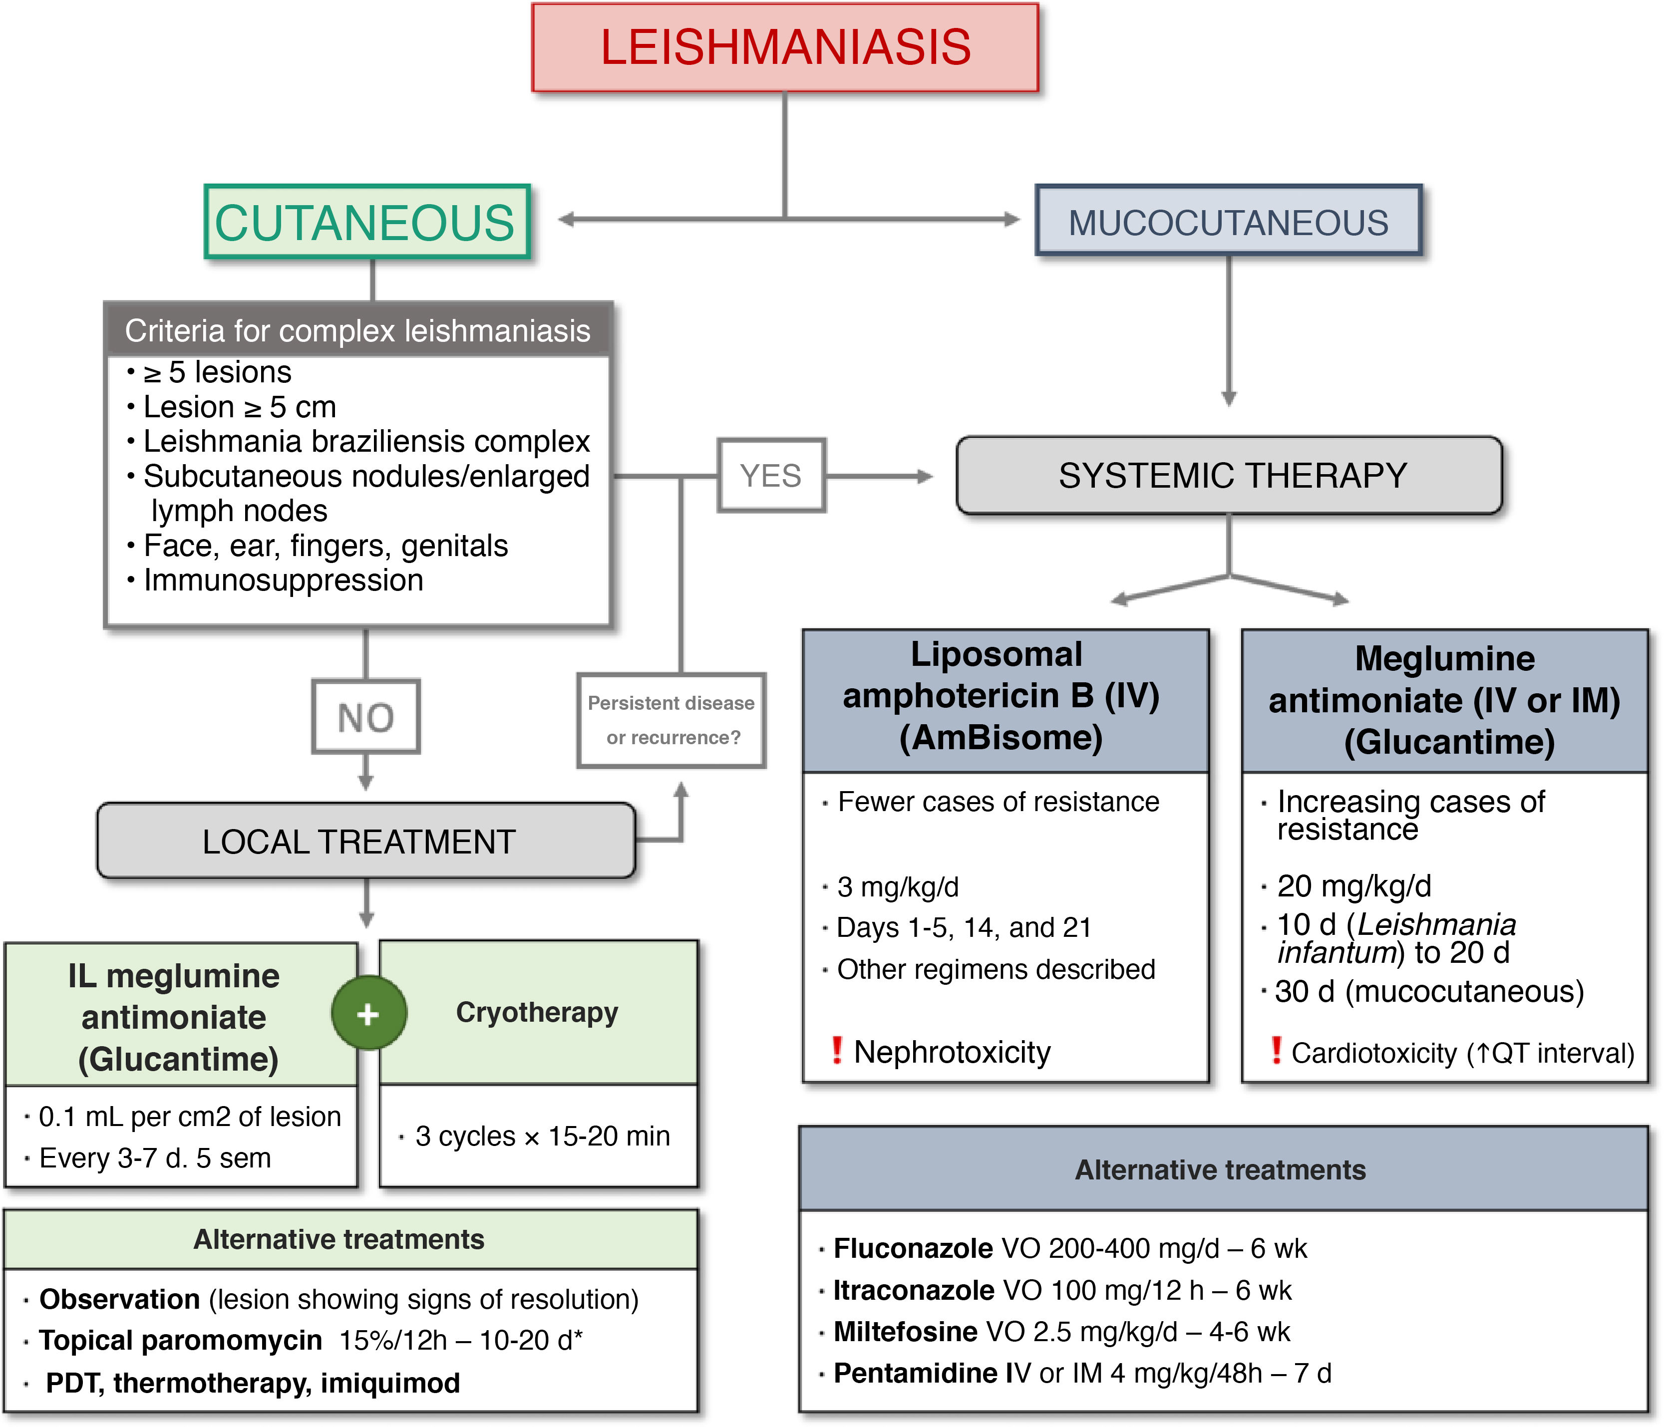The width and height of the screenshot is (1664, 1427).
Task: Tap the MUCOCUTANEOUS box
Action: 1228,222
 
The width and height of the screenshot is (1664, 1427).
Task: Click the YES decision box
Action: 771,475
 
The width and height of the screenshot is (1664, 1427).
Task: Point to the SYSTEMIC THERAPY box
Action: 1229,475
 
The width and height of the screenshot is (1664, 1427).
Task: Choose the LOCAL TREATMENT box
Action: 365,842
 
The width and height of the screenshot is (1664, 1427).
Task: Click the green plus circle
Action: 368,1013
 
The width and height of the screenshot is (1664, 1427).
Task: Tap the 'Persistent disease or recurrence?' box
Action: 671,720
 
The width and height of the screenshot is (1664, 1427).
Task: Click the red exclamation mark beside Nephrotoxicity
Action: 837,1050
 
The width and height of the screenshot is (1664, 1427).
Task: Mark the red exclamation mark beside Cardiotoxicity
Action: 1276,1050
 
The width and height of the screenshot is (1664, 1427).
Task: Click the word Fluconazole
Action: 913,1248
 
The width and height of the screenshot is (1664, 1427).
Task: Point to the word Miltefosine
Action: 905,1332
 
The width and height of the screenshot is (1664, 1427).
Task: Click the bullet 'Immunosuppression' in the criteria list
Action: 283,580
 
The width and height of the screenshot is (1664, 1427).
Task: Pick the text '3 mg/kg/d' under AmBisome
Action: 898,886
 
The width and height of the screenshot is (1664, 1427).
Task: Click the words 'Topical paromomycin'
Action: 181,1340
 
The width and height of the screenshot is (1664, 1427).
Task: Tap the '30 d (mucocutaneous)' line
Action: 1429,992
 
